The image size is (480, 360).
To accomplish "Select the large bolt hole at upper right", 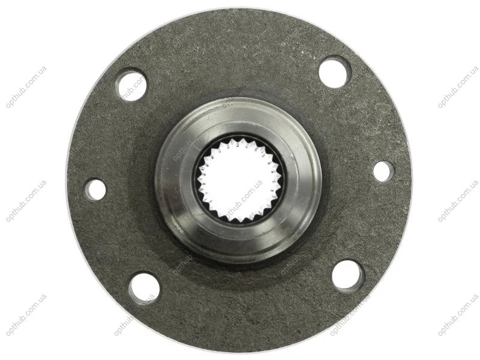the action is [x=334, y=72].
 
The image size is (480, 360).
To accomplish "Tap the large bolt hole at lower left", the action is [x=144, y=289].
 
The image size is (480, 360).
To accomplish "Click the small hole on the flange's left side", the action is [x=95, y=190].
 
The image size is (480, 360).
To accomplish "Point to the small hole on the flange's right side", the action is [x=383, y=172].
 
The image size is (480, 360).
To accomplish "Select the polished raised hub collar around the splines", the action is [x=238, y=181].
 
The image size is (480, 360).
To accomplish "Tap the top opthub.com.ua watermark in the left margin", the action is [x=26, y=87].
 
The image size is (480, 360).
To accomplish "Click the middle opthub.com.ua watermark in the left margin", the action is [x=26, y=201].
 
